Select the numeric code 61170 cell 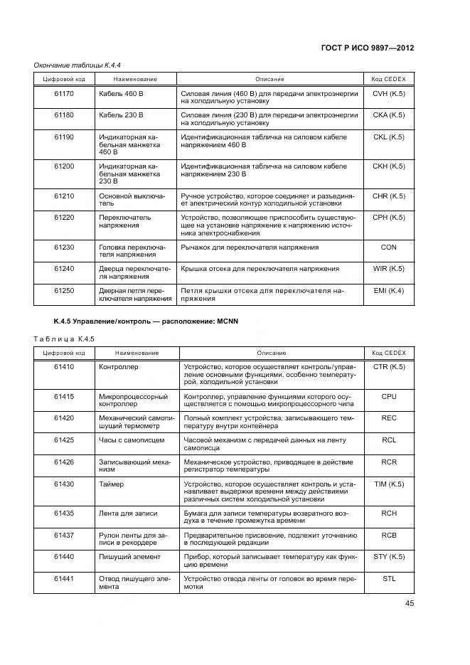click(64, 93)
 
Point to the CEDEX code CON click(388, 248)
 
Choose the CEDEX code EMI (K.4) click(388, 290)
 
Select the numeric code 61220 click(64, 218)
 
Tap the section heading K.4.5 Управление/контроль click(146, 321)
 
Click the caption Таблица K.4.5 click(64, 338)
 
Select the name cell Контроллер click(119, 367)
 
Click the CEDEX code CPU click(389, 397)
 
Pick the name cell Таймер click(112, 484)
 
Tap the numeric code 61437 click(64, 535)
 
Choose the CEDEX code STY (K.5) click(389, 556)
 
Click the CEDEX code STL click(389, 578)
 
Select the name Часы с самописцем click(132, 440)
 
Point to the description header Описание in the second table click(271, 353)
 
